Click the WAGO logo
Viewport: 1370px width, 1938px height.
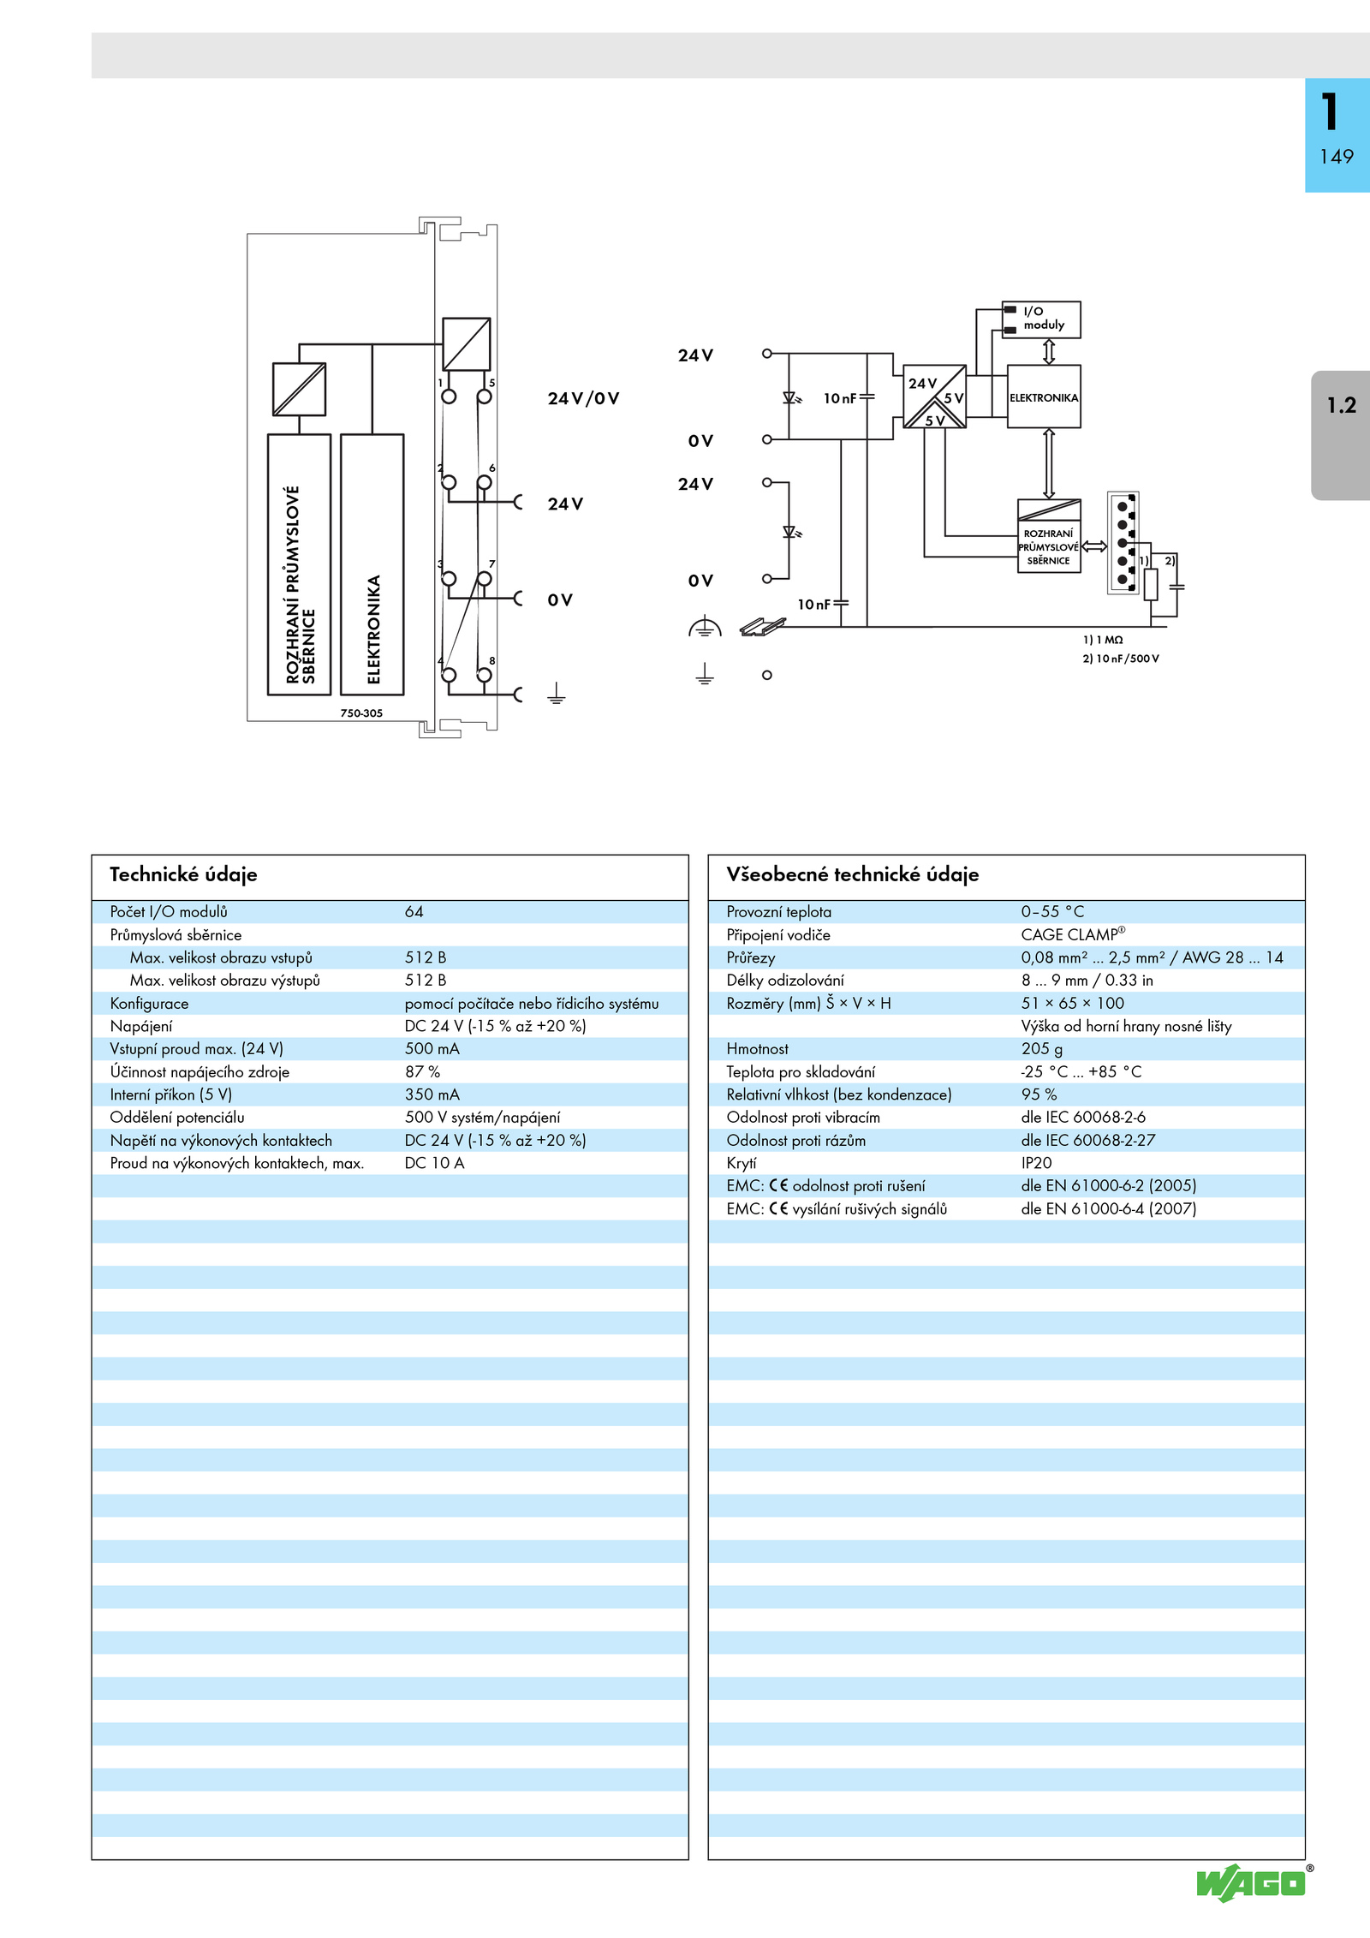coord(1253,1883)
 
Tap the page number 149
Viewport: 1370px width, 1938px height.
coord(1337,157)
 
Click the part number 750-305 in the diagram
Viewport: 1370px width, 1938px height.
coord(361,713)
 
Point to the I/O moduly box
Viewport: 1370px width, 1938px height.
coord(1041,319)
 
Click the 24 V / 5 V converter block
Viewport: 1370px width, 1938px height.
coord(935,397)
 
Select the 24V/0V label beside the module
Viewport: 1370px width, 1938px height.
coord(583,398)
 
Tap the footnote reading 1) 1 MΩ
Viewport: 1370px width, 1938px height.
coord(1103,640)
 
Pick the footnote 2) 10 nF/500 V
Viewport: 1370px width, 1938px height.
coord(1121,659)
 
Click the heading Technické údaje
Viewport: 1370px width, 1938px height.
coord(183,874)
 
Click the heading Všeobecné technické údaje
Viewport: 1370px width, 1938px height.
coord(852,874)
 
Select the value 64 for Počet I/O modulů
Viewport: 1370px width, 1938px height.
coord(414,912)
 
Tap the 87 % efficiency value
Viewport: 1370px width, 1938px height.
coord(422,1071)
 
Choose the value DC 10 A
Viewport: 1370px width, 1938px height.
coord(434,1163)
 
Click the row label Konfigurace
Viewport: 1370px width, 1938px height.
coord(149,1004)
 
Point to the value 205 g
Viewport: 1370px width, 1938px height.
coord(1041,1049)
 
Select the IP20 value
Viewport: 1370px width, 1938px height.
coord(1036,1163)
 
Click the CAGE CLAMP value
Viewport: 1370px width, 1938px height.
coord(1073,934)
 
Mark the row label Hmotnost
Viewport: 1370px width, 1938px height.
coord(757,1049)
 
